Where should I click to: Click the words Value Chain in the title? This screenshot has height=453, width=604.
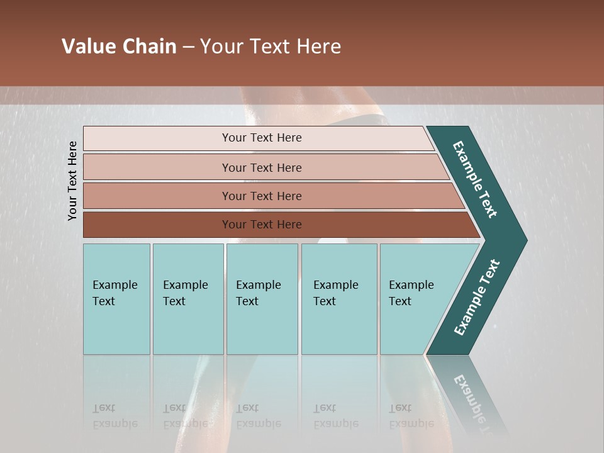119,47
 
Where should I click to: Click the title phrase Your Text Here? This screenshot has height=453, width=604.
271,47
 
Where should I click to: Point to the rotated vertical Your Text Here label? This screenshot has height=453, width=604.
73,181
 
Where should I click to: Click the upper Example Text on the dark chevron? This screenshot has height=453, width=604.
475,179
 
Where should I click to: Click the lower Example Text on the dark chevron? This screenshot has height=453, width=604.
476,297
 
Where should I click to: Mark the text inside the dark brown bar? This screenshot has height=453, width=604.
262,225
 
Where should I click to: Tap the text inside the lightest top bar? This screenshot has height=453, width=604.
262,138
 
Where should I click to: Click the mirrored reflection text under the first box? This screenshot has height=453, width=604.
115,416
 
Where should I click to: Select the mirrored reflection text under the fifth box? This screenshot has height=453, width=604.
411,416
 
